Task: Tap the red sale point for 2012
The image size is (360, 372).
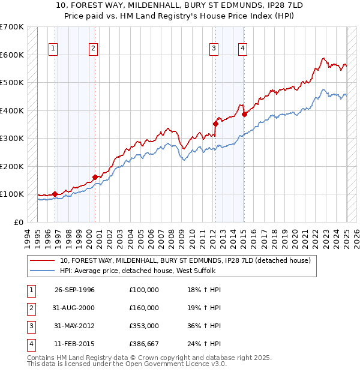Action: [215, 124]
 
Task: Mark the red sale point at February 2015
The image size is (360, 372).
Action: [244, 115]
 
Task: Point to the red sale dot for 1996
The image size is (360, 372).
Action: [55, 194]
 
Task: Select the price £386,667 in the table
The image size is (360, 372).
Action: [144, 344]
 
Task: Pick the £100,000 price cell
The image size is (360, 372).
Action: [144, 290]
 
